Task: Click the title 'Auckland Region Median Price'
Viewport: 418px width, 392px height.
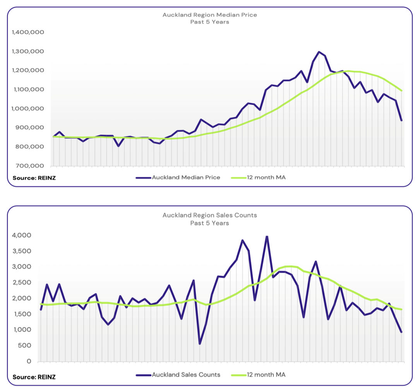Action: (x=209, y=15)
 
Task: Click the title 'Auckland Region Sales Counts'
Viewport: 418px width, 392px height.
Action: (x=209, y=215)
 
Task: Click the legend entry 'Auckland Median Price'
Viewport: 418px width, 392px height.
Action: (x=186, y=178)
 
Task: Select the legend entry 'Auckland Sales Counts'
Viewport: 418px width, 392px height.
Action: (x=186, y=375)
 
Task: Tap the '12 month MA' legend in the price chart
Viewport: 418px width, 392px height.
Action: (x=263, y=178)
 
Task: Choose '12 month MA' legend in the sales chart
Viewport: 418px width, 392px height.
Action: (x=263, y=375)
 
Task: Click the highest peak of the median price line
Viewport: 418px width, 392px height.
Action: (x=319, y=52)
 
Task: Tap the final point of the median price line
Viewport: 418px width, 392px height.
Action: (x=401, y=120)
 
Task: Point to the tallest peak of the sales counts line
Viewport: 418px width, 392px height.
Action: (x=267, y=236)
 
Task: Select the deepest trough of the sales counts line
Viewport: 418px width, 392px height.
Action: (x=200, y=343)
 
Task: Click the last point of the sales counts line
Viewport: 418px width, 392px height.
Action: (x=401, y=332)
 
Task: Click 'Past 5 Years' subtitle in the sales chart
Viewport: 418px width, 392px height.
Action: (x=209, y=223)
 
